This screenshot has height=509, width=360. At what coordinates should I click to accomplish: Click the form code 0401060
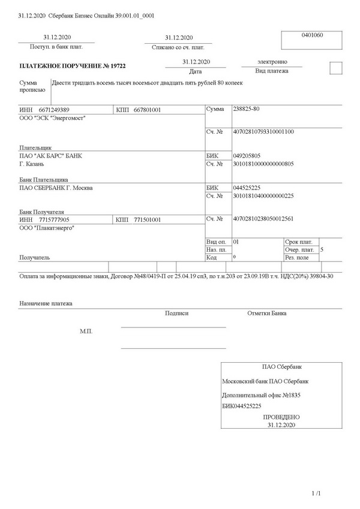[x=312, y=35]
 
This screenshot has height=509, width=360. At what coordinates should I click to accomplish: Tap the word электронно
[x=272, y=61]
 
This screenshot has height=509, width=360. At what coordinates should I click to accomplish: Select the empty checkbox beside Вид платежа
[x=336, y=68]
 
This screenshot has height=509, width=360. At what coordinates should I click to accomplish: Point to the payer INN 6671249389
[x=54, y=110]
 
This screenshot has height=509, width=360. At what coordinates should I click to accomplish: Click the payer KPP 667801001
[x=147, y=110]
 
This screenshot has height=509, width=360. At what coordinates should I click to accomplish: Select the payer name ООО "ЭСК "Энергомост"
[x=53, y=118]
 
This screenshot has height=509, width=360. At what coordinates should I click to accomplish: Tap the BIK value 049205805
[x=247, y=155]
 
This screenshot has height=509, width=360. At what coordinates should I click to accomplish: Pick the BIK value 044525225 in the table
[x=247, y=188]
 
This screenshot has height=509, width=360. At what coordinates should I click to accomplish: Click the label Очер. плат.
[x=300, y=249]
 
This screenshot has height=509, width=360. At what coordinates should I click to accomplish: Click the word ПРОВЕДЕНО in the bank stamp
[x=281, y=417]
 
